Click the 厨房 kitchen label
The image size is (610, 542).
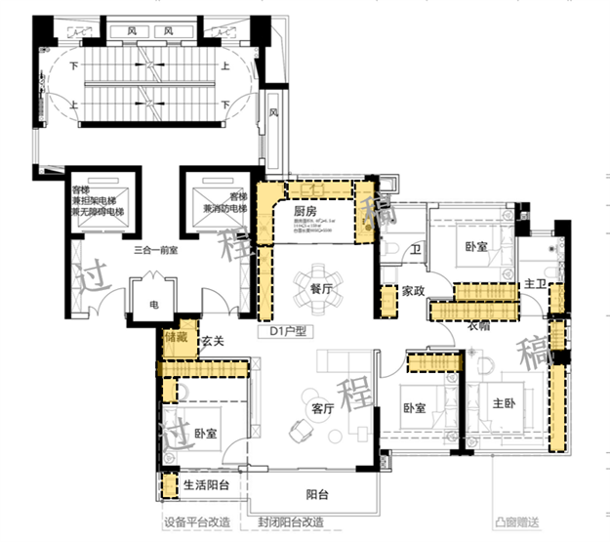(x=305, y=210)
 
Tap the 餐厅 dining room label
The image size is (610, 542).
(x=323, y=290)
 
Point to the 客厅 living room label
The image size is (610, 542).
(x=323, y=408)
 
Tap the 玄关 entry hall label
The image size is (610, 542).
(x=214, y=341)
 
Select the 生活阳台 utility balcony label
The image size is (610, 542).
(x=206, y=484)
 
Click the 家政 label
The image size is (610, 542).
(x=414, y=290)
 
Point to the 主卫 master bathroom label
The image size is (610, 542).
(x=534, y=284)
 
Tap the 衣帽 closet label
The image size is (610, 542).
(x=477, y=327)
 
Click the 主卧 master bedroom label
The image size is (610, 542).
(x=504, y=403)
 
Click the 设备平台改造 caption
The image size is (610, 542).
(x=198, y=522)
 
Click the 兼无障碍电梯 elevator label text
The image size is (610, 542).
(x=97, y=211)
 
